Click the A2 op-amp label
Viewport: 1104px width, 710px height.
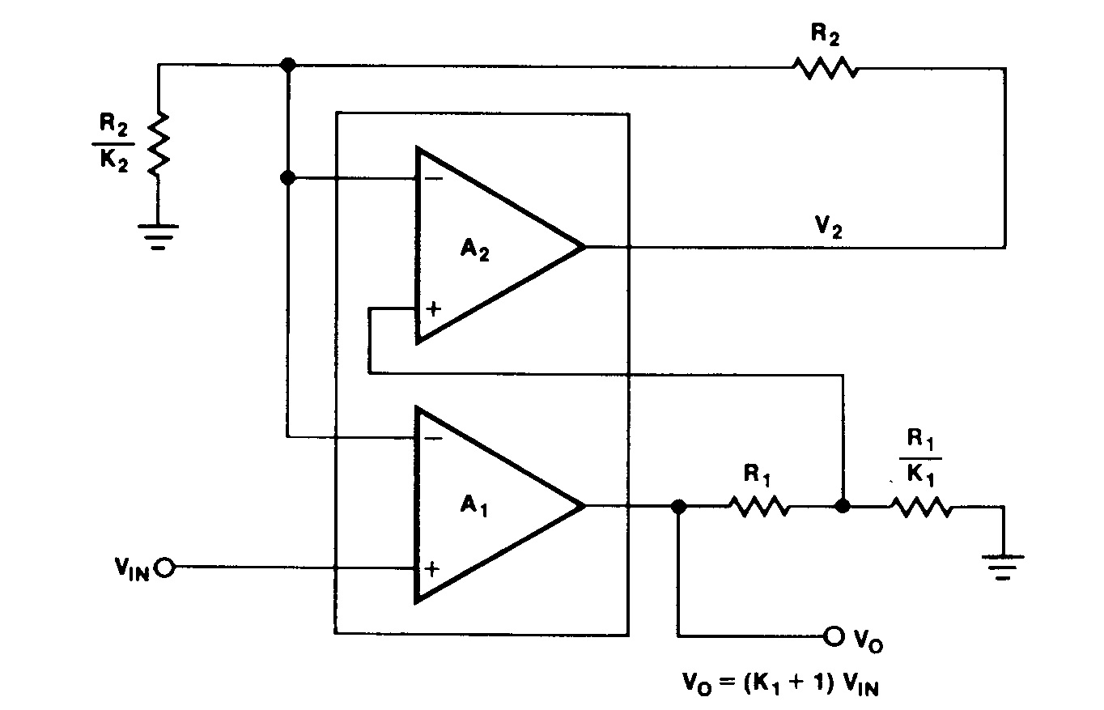tap(478, 250)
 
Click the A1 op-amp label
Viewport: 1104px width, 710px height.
tap(478, 507)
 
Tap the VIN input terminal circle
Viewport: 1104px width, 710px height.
tap(164, 568)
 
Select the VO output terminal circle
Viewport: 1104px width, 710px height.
tap(834, 636)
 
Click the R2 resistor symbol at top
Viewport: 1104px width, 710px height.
tap(826, 68)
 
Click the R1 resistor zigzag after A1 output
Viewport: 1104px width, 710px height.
tap(758, 508)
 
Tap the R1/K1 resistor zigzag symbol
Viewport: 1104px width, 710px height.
tap(922, 508)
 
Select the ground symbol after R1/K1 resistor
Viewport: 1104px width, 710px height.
tap(1003, 564)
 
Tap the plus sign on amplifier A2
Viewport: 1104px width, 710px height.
tap(434, 308)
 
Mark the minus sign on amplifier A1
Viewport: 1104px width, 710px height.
tap(433, 439)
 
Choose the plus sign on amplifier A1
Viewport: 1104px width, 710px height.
tap(433, 568)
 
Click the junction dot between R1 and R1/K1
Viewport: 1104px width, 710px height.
tap(843, 507)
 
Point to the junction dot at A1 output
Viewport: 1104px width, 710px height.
tap(678, 507)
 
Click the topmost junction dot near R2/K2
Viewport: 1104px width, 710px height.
tap(287, 65)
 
